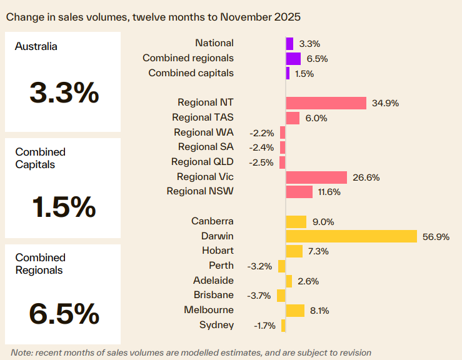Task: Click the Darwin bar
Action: pos(351,236)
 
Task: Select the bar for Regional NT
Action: pos(326,103)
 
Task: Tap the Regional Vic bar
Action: pos(316,177)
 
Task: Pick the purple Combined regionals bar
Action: pos(293,59)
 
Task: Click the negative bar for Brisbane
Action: pos(281,296)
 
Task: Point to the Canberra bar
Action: pos(296,222)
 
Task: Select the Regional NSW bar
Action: pos(299,192)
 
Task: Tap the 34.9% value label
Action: pos(385,103)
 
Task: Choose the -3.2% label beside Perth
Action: pos(260,266)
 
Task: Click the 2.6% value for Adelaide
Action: pos(308,281)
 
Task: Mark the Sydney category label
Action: pos(216,324)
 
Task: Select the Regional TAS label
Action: pos(203,117)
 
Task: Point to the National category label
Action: pos(214,43)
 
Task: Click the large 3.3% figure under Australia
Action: pos(64,93)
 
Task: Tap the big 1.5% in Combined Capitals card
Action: pos(64,207)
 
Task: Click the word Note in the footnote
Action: pos(21,352)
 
